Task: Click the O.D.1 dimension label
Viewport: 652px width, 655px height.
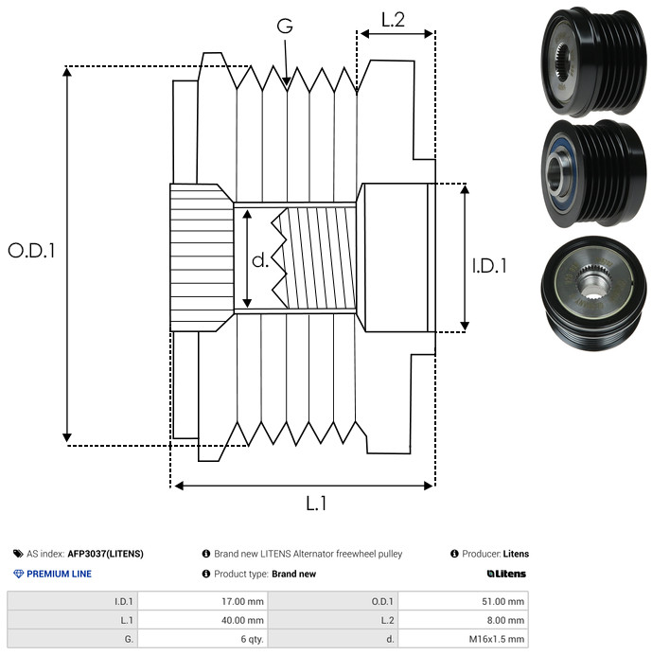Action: tap(32, 251)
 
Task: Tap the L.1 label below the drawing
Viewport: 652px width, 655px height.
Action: tap(315, 504)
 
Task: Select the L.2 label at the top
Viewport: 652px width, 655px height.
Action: tap(393, 20)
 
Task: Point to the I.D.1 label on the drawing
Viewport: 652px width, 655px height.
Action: tap(489, 267)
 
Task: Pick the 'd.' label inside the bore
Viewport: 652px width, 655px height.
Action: tap(260, 260)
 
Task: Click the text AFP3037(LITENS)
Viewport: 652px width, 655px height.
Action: tap(105, 554)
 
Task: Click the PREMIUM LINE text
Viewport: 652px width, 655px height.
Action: tap(59, 574)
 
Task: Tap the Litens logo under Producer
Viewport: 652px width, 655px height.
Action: tap(506, 574)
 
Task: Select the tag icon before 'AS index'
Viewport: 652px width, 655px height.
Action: tap(18, 554)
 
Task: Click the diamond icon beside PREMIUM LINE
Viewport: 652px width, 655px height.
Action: tap(18, 574)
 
